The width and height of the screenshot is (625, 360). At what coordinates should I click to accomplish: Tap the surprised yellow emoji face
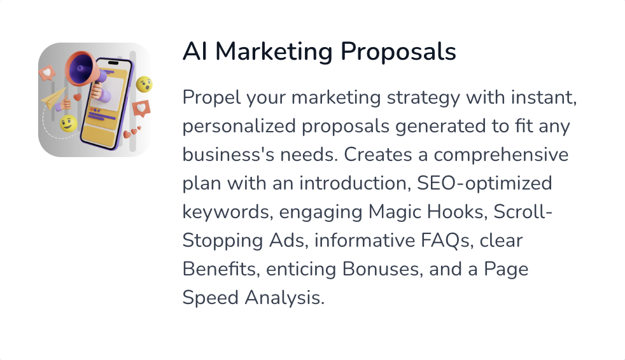tap(144, 85)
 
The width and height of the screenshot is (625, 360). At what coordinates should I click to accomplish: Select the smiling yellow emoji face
tap(68, 124)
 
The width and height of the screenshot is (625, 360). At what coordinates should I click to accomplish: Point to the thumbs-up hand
tap(64, 105)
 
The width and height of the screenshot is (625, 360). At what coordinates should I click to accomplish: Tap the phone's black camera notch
tap(113, 63)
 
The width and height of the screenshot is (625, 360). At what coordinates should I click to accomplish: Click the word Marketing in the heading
tap(274, 52)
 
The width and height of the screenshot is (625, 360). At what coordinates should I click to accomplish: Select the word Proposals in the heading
tap(398, 52)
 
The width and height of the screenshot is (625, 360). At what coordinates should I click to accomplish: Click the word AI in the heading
tap(195, 52)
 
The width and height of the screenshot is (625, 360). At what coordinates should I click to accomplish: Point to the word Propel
tap(212, 98)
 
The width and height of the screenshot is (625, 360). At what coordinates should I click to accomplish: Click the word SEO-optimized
tap(484, 184)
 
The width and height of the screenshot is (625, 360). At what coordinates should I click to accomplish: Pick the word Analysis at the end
tap(284, 298)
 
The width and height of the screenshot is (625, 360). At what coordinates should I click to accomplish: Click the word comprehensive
tap(501, 155)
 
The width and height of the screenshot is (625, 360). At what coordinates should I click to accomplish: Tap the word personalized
tap(239, 127)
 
